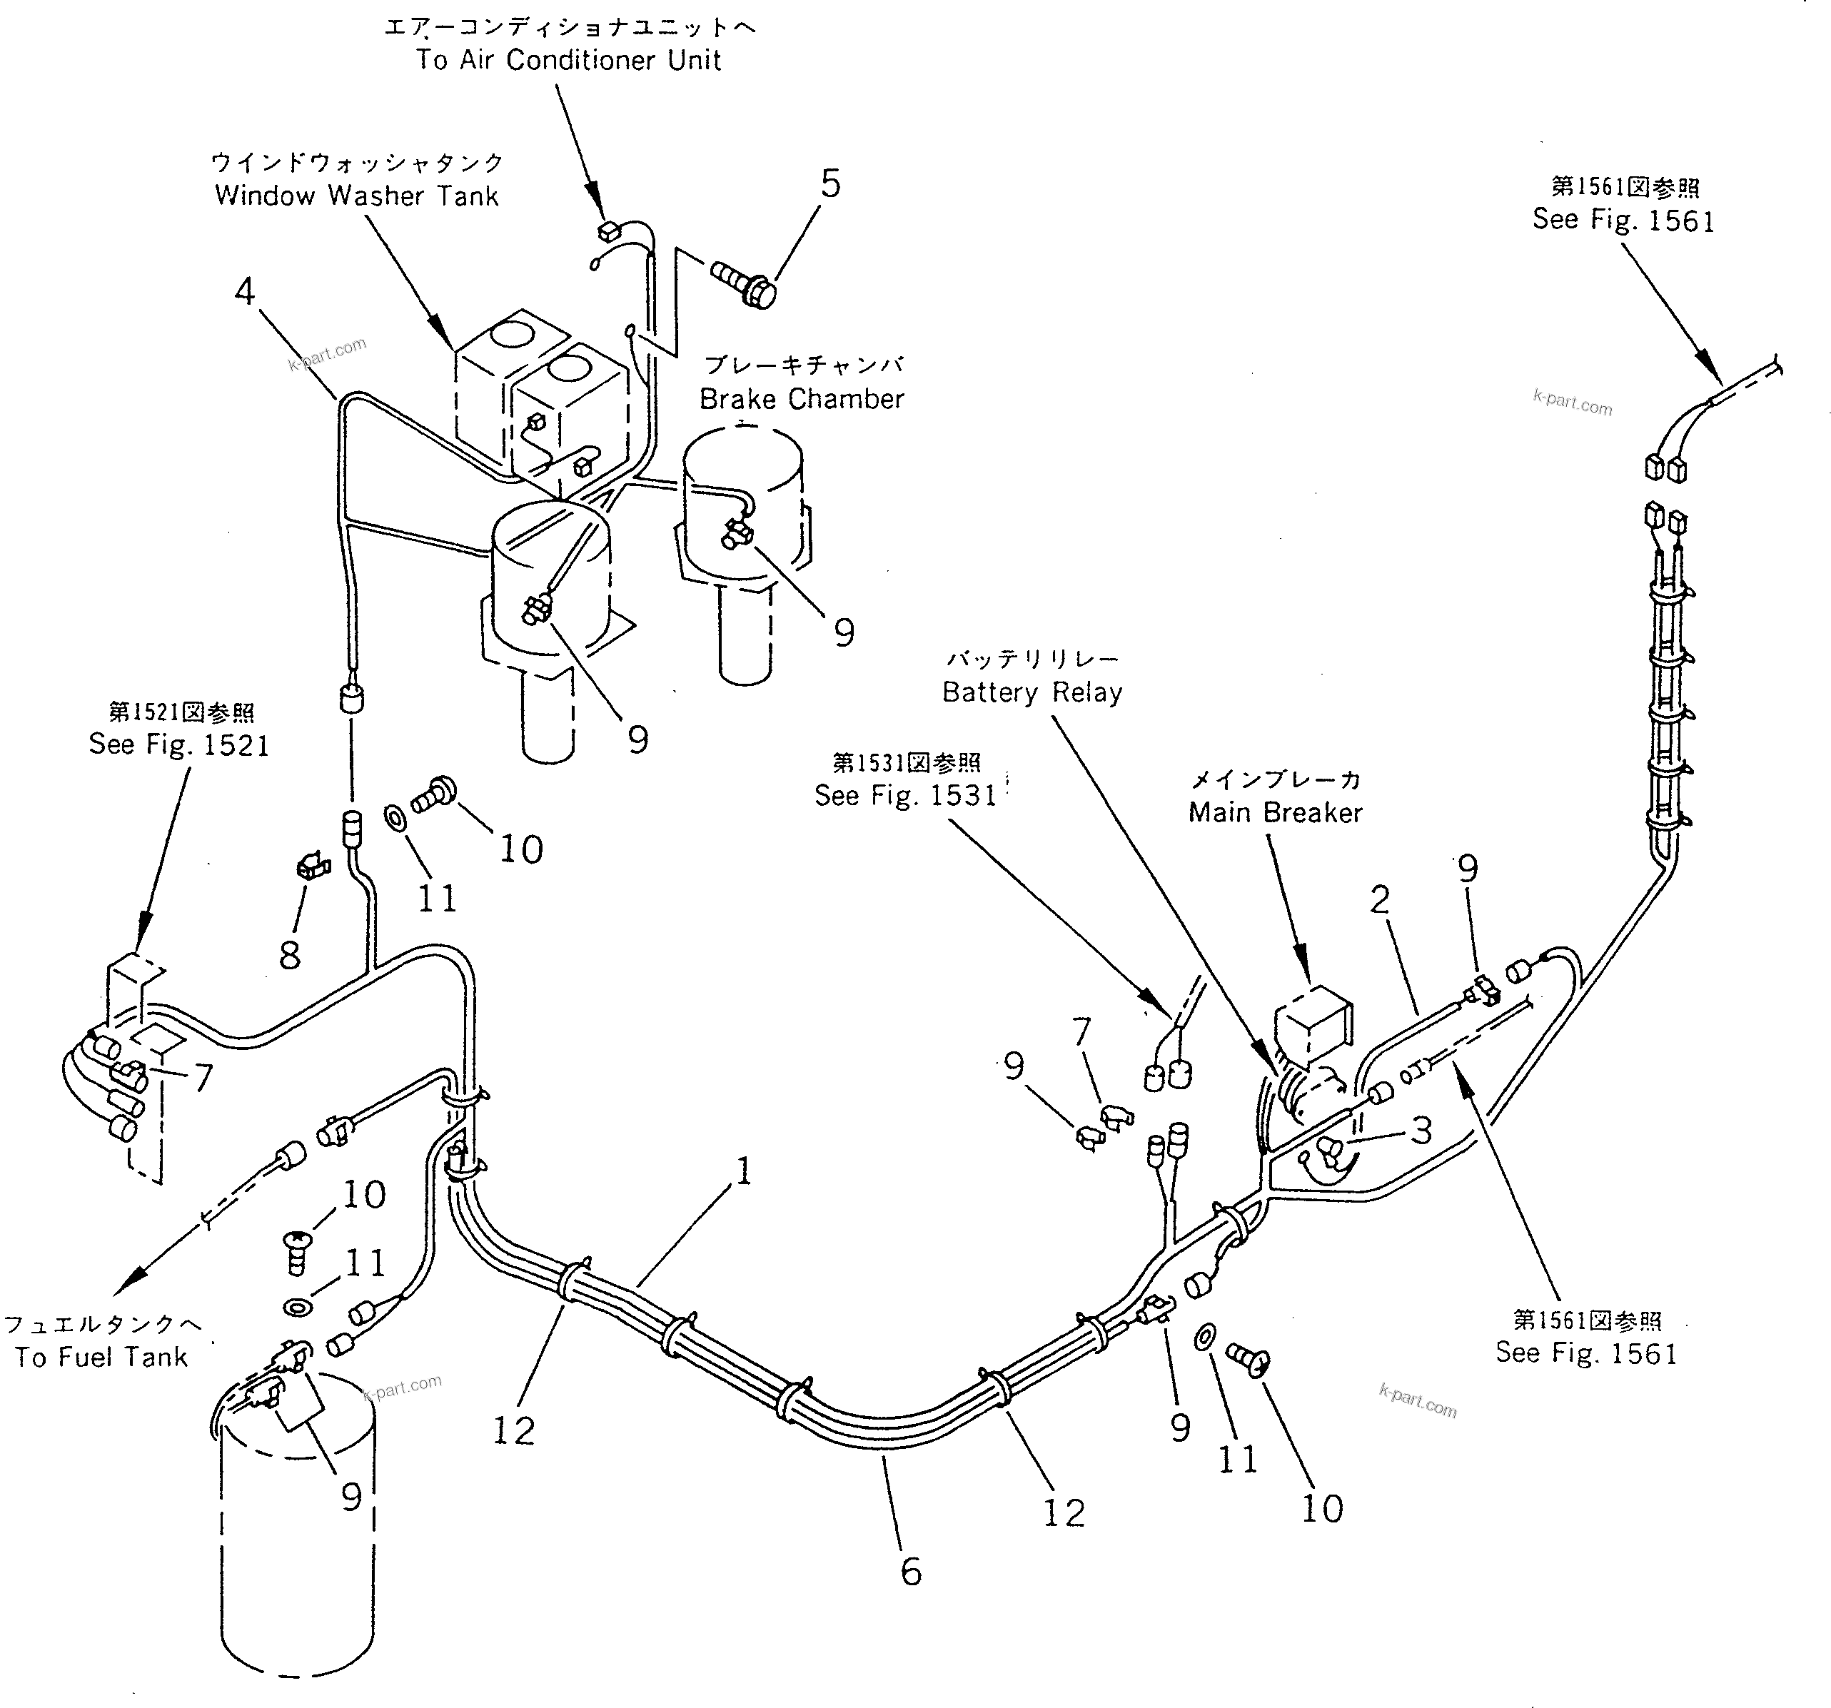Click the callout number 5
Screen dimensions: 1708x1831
click(x=830, y=184)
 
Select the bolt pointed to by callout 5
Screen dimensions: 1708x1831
click(x=745, y=280)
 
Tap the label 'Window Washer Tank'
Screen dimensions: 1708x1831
click(x=356, y=195)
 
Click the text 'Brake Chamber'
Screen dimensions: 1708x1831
click(x=802, y=399)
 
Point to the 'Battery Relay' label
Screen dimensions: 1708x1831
click(x=1031, y=692)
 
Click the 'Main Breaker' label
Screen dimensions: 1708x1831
click(x=1275, y=812)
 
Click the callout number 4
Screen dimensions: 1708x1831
click(x=244, y=292)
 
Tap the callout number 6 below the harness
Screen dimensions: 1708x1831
click(x=910, y=1571)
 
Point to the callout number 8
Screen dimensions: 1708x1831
click(x=290, y=955)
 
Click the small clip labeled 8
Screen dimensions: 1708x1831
click(x=312, y=866)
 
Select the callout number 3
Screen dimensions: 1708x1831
click(x=1421, y=1131)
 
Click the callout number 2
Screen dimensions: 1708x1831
click(x=1378, y=899)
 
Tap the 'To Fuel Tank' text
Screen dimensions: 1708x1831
click(x=101, y=1356)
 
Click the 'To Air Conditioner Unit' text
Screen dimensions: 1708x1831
click(x=568, y=60)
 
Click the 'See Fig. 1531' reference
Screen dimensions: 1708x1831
click(x=905, y=794)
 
